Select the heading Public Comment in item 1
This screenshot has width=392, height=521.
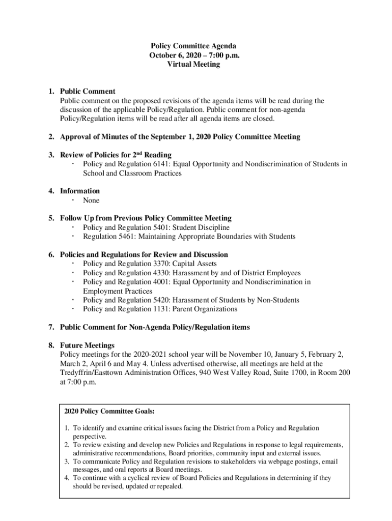[x=88, y=92]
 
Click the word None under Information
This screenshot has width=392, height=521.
[x=91, y=200]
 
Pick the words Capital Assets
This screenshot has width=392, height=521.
[x=195, y=264]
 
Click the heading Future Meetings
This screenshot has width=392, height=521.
[x=87, y=345]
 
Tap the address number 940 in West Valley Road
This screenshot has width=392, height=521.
[x=209, y=373]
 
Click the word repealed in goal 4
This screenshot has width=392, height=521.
[x=167, y=486]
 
